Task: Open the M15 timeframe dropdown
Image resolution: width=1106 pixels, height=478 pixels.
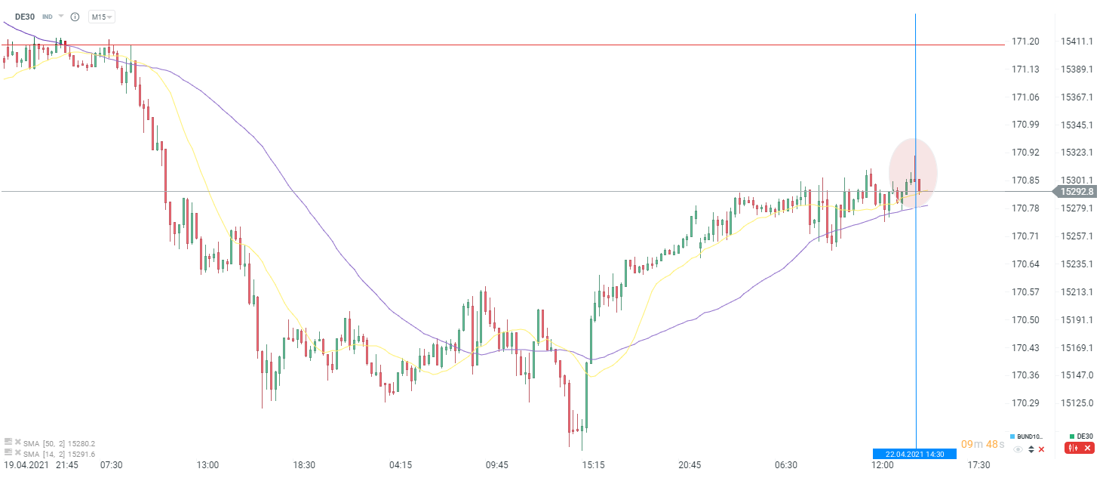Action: pos(102,17)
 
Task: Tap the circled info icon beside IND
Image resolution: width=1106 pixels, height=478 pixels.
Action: pos(74,17)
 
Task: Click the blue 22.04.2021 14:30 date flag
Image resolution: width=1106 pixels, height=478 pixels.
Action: pos(914,454)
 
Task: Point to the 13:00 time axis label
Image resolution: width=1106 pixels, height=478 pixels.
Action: pos(207,464)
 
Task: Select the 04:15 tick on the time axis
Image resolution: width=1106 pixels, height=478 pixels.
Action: pos(401,464)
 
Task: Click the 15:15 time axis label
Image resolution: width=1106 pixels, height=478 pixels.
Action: pos(593,464)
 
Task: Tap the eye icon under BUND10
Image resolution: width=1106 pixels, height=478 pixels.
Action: pos(1018,449)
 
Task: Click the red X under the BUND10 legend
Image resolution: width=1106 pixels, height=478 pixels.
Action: pos(1042,449)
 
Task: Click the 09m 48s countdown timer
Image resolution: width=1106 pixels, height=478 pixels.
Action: pos(982,444)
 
